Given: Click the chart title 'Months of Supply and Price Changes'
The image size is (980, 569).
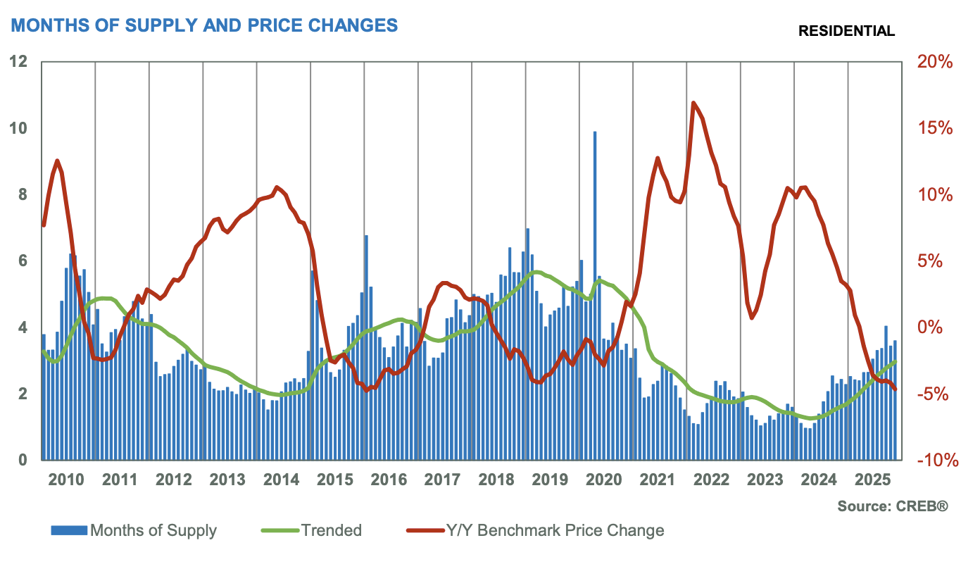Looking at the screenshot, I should (204, 25).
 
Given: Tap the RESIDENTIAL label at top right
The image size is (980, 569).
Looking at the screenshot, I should (846, 31).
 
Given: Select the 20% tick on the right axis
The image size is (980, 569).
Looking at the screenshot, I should (934, 62).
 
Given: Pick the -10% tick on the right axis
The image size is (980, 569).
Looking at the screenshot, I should (934, 461).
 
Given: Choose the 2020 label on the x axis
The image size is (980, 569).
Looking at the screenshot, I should (604, 481).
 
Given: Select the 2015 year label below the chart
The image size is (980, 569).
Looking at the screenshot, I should (335, 481).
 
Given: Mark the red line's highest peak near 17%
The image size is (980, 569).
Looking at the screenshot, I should (693, 104).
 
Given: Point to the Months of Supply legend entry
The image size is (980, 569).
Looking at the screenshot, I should (153, 530).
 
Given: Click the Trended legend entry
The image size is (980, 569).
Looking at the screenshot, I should (331, 530).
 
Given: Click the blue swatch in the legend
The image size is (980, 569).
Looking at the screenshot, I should (69, 530).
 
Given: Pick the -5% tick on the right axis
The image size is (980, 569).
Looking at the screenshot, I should (934, 394).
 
